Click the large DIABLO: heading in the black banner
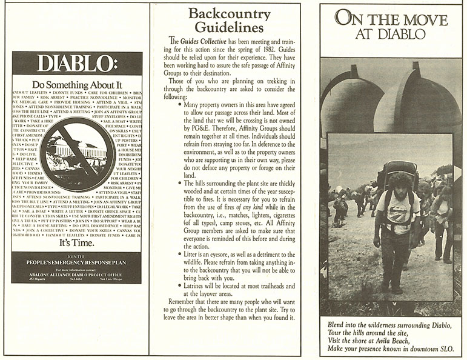(x=77, y=64)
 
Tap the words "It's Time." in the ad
(x=77, y=243)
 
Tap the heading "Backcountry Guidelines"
(x=225, y=20)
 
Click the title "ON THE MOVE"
(x=391, y=18)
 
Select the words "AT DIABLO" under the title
(x=391, y=35)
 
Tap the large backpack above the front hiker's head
(x=400, y=166)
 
